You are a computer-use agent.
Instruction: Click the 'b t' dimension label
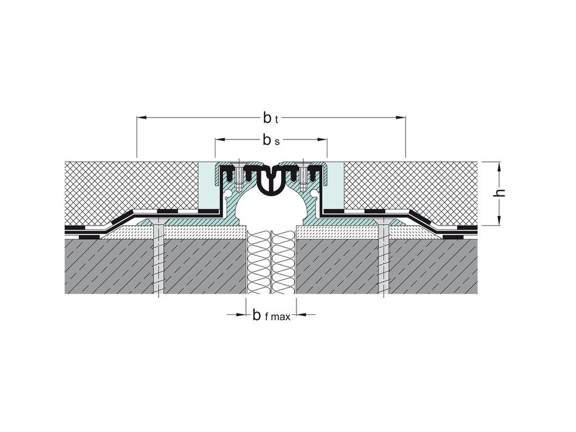pyautogui.click(x=271, y=118)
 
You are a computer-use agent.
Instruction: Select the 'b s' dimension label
pyautogui.click(x=271, y=140)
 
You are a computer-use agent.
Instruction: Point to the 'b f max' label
pyautogui.click(x=271, y=316)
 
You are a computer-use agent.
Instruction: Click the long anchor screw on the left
pyautogui.click(x=159, y=259)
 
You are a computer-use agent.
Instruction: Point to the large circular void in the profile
pyautogui.click(x=271, y=208)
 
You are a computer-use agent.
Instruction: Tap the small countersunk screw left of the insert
pyautogui.click(x=239, y=175)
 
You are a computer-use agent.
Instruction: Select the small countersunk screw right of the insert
pyautogui.click(x=304, y=175)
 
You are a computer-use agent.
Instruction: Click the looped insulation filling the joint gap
pyautogui.click(x=271, y=262)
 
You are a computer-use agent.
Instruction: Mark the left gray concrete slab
pyautogui.click(x=112, y=267)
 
